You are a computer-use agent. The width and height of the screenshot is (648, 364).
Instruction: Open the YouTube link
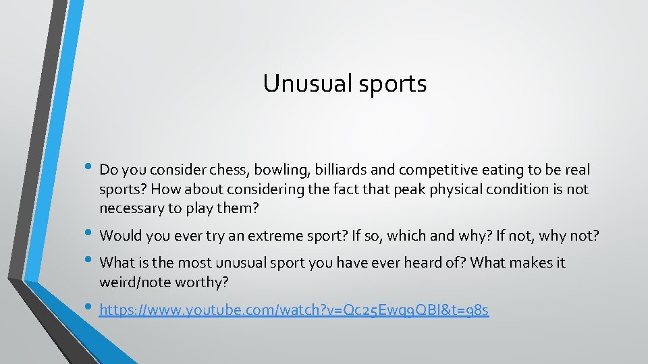coord(294,310)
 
